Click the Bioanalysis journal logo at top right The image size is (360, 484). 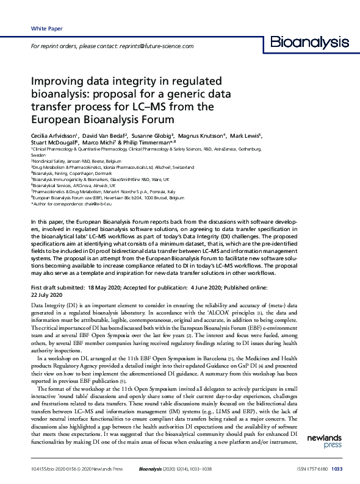coord(309,43)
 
